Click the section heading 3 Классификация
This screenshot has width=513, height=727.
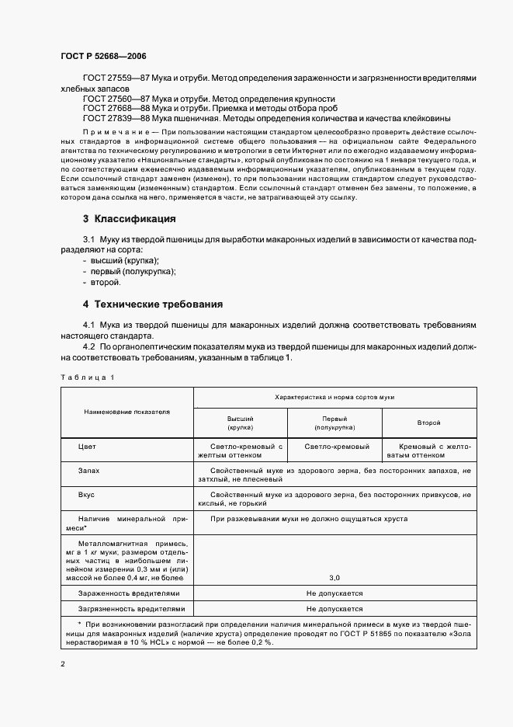[x=130, y=219]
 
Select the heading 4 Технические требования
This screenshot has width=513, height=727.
[x=153, y=304]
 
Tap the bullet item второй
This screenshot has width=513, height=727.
[x=106, y=282]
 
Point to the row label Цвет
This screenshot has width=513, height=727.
[x=88, y=447]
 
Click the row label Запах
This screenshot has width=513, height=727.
[x=89, y=471]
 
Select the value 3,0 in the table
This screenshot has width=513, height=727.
[x=334, y=577]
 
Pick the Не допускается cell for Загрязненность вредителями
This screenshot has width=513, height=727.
[x=334, y=609]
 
